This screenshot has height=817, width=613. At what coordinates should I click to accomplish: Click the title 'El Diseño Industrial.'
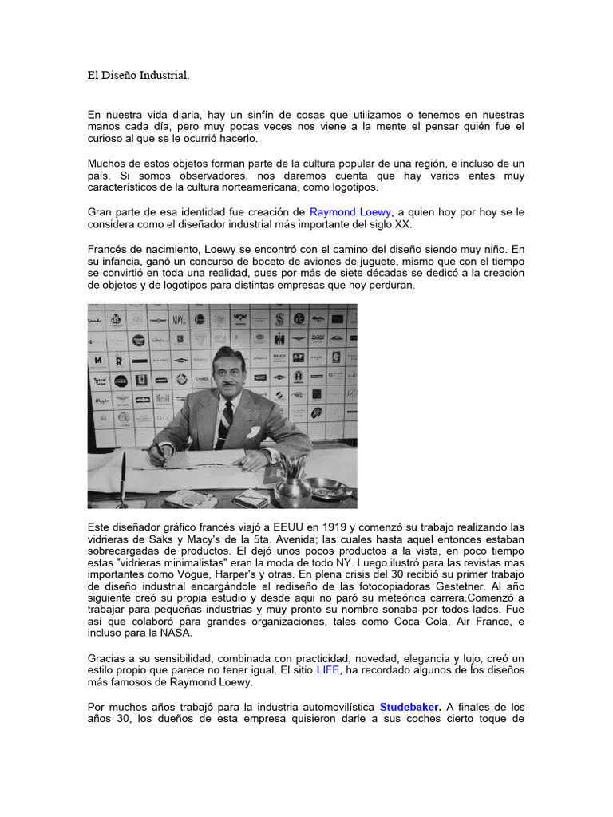pos(139,77)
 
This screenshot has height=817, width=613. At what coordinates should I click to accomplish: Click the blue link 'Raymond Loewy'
pos(350,212)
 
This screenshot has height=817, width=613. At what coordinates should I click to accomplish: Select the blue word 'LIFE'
pos(327,669)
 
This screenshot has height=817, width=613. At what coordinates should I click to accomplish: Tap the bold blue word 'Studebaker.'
pos(410,706)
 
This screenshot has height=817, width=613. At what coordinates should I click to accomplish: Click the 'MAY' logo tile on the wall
pos(179,320)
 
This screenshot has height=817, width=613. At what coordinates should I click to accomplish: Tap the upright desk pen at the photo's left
pos(122,478)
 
